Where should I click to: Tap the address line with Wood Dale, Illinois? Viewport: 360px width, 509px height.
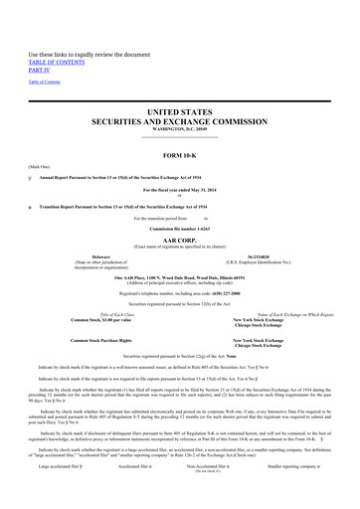[x=180, y=305]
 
